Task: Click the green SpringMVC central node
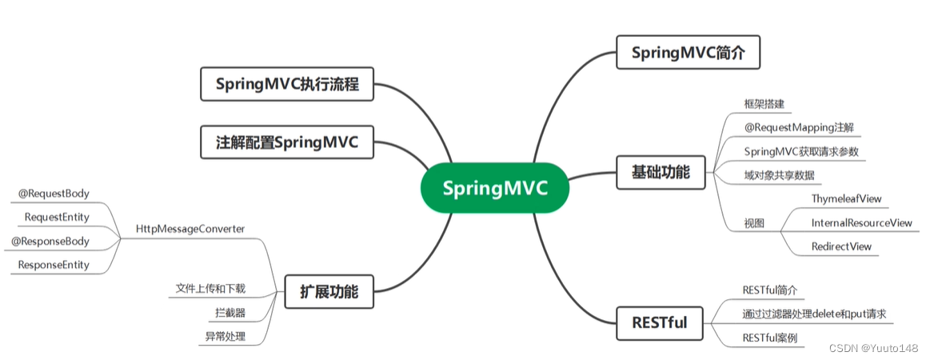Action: click(x=495, y=189)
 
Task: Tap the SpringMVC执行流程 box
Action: click(x=285, y=84)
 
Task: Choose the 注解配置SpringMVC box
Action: click(x=285, y=142)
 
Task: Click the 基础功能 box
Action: click(x=661, y=172)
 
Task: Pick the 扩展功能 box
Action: click(x=329, y=291)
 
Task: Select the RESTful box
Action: click(x=660, y=324)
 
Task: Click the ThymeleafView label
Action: click(x=846, y=198)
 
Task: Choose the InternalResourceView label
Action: click(x=861, y=222)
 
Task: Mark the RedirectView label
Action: click(x=841, y=246)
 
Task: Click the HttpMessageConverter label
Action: click(x=190, y=229)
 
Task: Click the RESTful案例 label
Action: click(x=769, y=338)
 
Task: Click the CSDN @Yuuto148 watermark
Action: click(x=873, y=348)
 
